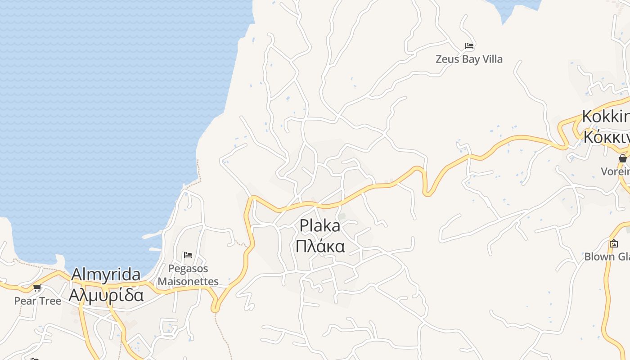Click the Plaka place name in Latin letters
tap(320, 225)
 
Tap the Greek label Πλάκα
tap(320, 247)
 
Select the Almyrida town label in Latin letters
tap(106, 274)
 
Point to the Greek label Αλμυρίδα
tap(106, 295)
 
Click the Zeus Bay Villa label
tap(469, 59)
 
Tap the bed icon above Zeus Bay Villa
tap(469, 46)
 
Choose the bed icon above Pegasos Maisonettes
tap(188, 256)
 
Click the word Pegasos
tap(188, 269)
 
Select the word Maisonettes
tap(188, 282)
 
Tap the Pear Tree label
tap(37, 301)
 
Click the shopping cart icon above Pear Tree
tap(37, 288)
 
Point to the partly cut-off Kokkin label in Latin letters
tap(606, 116)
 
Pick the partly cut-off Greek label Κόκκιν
tap(606, 136)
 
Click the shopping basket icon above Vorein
tap(622, 158)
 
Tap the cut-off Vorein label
tap(616, 171)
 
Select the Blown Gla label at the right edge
tap(607, 256)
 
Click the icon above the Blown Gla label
tap(613, 243)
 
